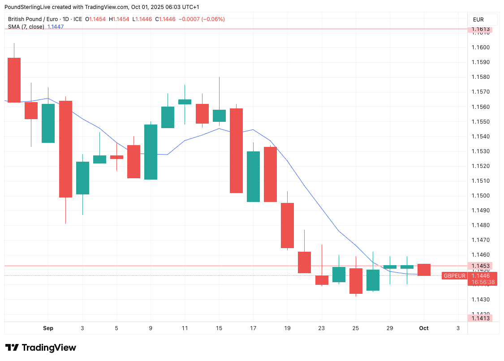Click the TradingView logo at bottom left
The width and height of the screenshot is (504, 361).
(40, 348)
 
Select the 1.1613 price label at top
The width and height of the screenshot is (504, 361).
(480, 30)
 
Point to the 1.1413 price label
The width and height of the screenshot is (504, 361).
(480, 318)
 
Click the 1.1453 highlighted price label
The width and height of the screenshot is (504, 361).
(480, 266)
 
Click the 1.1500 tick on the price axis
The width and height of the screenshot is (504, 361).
(480, 196)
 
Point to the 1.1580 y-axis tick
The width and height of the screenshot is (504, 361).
(480, 77)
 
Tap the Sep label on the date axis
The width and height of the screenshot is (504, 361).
(48, 328)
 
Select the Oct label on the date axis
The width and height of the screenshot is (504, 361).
(424, 328)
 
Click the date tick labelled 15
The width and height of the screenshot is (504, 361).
(219, 328)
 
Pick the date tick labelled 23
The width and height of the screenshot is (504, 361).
(321, 328)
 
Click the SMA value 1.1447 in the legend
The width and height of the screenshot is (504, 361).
(56, 27)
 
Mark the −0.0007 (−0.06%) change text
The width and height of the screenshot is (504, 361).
(202, 19)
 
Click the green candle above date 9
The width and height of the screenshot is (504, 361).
(151, 152)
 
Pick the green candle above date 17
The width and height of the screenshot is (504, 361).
(253, 176)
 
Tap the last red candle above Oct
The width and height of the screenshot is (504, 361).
(424, 270)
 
